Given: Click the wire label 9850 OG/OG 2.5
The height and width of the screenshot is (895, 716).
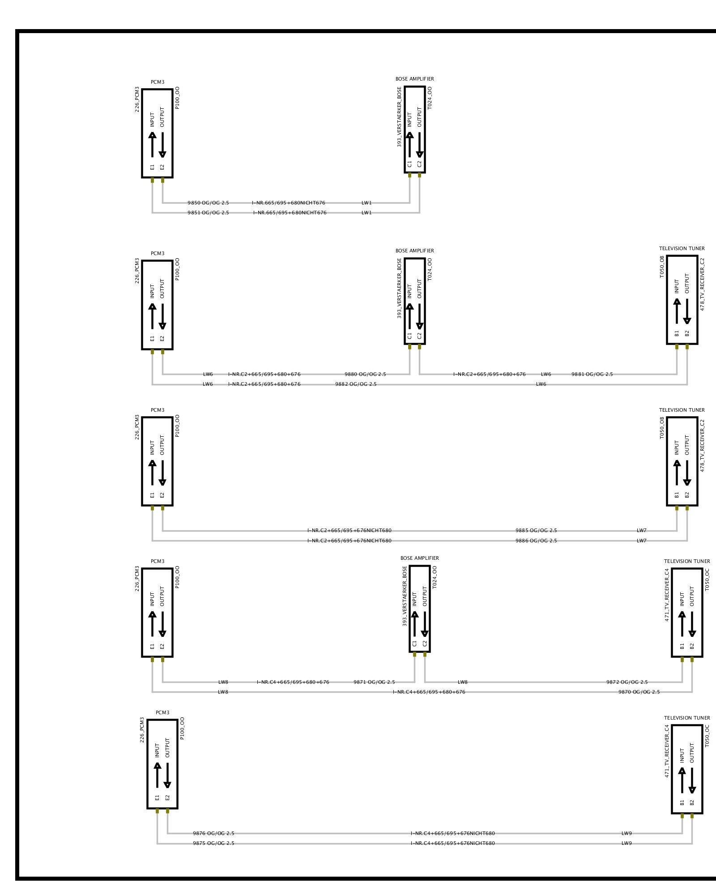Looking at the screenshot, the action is pos(208,203).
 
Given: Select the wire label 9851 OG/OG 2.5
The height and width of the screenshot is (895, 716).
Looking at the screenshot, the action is pos(208,213).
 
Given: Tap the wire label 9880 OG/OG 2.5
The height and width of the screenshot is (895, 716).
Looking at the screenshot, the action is pos(365,374).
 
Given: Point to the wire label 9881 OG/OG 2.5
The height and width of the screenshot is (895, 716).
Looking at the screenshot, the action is pos(592,374).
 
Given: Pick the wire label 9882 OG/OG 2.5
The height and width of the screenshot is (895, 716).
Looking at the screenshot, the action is pos(356,384).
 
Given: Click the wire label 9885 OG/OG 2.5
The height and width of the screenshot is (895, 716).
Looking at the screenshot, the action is pos(536,530).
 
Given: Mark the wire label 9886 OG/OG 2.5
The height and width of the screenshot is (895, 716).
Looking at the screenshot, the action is pos(536,541).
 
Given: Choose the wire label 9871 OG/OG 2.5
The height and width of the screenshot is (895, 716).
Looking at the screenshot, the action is pos(374,682).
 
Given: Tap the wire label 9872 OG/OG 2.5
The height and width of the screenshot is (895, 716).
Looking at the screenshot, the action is pos(627,682).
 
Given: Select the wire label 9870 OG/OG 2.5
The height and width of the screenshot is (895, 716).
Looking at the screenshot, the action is pos(639,692).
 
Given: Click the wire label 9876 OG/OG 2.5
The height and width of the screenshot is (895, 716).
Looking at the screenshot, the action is pos(213,833).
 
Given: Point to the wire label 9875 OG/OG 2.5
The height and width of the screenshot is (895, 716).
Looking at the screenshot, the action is pos(213,843).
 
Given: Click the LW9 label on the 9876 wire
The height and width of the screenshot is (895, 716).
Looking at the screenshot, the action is pos(626,833).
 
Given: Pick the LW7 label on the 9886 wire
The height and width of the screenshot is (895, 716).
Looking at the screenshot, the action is pos(642,541).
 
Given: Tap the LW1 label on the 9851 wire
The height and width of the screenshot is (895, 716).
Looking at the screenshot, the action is pos(367,213).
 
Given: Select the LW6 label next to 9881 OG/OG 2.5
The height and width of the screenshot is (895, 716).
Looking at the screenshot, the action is pos(546,374).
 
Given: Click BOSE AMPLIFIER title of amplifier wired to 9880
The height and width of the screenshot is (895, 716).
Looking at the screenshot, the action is pos(414,251).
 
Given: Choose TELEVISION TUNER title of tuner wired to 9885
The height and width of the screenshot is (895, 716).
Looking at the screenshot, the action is pos(682,410).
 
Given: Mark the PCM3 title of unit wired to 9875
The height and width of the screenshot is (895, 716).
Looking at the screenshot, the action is pos(162,712).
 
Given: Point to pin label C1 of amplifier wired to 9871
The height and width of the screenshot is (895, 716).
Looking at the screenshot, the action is pos(414,644).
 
